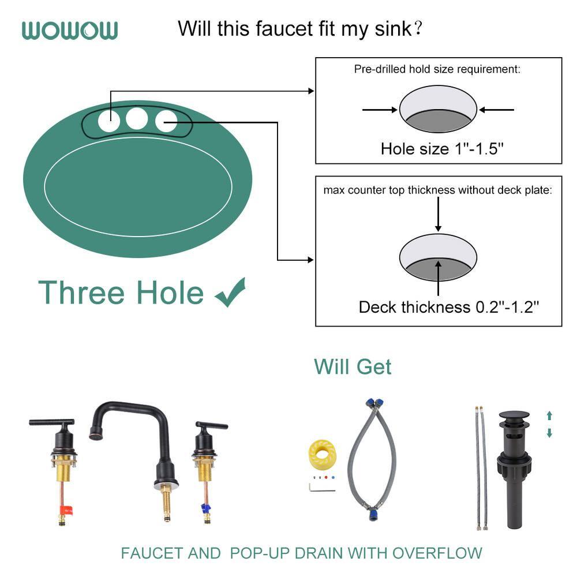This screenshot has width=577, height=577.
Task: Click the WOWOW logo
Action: click(70, 30)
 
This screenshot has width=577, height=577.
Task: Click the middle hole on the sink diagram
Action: click(137, 118)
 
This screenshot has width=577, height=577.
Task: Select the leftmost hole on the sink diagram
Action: click(109, 121)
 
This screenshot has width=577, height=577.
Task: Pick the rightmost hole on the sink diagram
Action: click(166, 121)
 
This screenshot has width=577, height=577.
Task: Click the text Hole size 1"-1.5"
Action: click(443, 148)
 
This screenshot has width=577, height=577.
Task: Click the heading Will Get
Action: click(353, 366)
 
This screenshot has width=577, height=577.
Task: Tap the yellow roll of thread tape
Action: click(323, 454)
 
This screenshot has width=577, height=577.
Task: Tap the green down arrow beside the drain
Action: click(549, 433)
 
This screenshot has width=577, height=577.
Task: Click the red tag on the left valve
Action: click(68, 509)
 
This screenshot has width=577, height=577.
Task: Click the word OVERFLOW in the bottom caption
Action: click(437, 553)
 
